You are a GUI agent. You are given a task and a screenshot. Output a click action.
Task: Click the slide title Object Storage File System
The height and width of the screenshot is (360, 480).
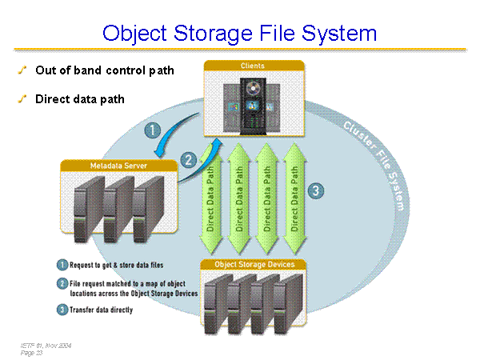[239, 34]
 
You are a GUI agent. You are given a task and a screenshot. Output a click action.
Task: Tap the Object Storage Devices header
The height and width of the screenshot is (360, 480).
[254, 264]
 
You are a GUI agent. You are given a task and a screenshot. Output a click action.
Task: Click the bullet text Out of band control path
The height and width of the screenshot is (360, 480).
[104, 70]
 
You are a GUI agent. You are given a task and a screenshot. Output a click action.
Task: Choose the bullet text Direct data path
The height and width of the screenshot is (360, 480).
[79, 99]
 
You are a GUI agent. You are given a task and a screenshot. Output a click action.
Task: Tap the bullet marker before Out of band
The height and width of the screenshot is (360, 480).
[23, 70]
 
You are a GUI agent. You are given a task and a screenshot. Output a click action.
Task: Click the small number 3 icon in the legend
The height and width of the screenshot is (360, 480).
[62, 310]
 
